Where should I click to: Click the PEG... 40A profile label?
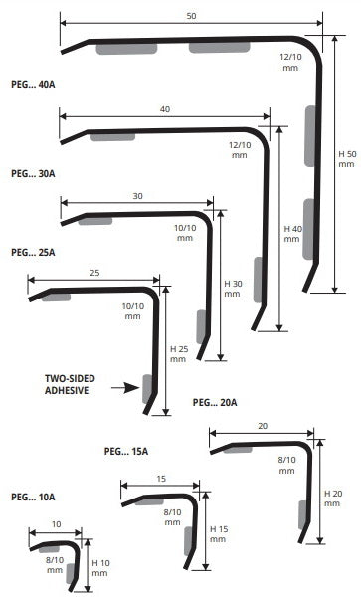(33, 84)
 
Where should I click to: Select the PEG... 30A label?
(33, 174)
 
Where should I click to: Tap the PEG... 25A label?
(33, 253)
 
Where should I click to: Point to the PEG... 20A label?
(215, 403)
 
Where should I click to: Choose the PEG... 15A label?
(126, 451)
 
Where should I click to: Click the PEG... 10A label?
(33, 497)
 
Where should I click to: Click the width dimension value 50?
(191, 16)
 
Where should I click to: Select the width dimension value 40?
(165, 109)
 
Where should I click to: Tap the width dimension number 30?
(137, 196)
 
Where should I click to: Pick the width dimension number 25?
(94, 273)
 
